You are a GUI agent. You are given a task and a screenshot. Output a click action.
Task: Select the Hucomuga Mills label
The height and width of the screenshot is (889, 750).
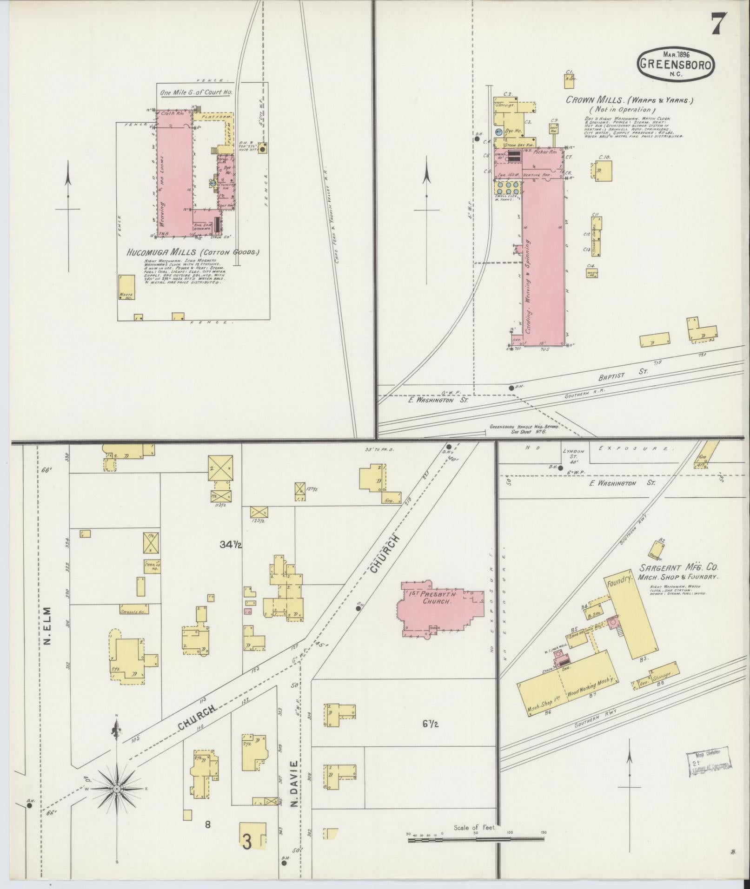click(x=192, y=253)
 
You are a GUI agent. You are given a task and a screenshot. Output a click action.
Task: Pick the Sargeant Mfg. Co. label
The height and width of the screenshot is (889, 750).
click(x=678, y=567)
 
